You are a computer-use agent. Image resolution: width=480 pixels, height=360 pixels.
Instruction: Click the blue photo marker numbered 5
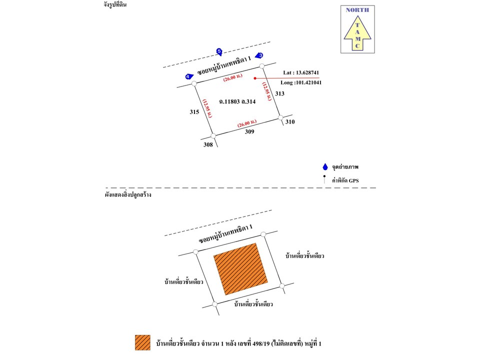click(x=219, y=51)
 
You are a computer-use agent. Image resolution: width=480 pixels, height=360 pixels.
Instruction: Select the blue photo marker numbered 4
click(x=188, y=76)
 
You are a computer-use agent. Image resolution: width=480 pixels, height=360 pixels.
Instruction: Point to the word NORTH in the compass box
click(x=357, y=9)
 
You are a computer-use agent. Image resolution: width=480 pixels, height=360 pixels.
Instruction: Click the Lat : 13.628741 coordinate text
click(x=301, y=72)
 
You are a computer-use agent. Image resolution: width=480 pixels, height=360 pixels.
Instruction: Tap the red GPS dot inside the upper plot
click(x=255, y=78)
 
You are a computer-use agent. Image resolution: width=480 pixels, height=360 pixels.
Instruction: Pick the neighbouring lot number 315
click(x=194, y=112)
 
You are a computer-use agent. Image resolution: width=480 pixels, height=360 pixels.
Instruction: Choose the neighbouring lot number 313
click(x=279, y=93)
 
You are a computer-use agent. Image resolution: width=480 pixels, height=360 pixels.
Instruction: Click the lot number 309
click(x=249, y=131)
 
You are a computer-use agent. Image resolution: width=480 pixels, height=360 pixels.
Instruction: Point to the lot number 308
click(x=208, y=144)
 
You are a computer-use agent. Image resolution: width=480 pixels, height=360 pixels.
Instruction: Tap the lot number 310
click(x=290, y=121)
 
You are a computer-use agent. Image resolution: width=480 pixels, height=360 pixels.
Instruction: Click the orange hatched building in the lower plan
click(x=241, y=268)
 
